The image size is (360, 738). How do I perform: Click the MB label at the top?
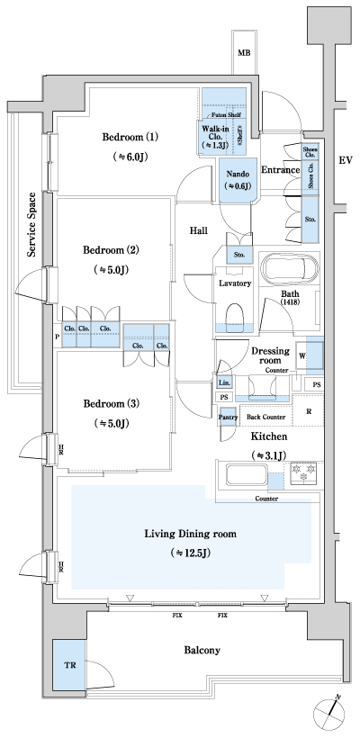tap(244, 54)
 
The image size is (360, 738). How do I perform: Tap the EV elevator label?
tap(344, 161)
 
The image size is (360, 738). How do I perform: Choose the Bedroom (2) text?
tap(111, 249)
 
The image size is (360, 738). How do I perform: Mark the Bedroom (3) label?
tap(111, 402)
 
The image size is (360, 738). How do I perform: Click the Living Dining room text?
tap(191, 533)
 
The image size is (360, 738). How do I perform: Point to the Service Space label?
tap(31, 225)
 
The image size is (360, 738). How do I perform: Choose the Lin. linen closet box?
tap(224, 382)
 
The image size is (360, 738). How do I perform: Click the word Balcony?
tap(202, 649)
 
